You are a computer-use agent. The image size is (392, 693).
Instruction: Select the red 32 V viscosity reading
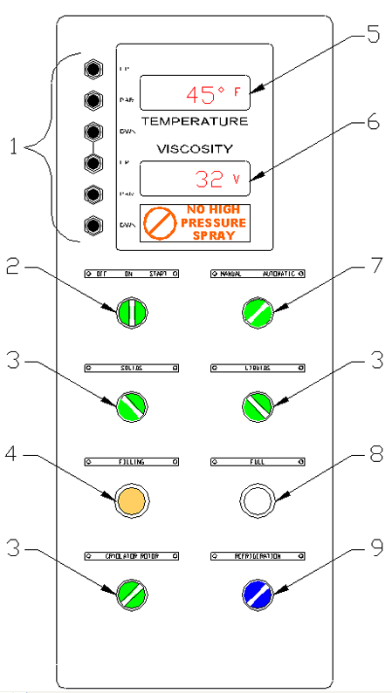217,180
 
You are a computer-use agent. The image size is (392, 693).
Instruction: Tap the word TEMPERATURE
194,120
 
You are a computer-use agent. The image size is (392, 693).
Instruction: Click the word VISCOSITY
194,149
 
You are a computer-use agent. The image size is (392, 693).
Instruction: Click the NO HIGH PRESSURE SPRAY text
212,223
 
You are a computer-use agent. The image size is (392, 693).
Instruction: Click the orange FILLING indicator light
129,499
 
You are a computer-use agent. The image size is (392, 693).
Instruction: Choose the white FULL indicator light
258,499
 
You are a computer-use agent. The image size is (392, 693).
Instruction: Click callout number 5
373,35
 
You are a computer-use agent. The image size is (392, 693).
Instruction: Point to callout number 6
373,122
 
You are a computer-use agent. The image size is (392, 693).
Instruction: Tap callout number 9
373,550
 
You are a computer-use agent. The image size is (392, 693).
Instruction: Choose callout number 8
373,454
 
